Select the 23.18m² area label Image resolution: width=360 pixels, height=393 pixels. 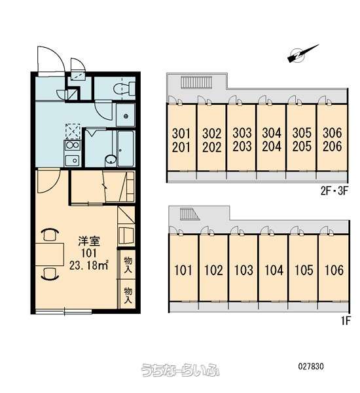click(x=88, y=265)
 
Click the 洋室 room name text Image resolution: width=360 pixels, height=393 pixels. click(x=89, y=241)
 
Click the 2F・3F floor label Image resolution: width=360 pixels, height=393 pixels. click(x=334, y=191)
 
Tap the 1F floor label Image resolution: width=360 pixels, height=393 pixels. click(x=345, y=321)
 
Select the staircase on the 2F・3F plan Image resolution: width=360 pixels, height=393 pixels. click(x=196, y=83)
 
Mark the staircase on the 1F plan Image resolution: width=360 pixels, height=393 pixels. click(x=189, y=214)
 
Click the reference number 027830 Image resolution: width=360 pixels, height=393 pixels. click(x=311, y=366)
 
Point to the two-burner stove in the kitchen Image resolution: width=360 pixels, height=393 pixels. click(x=72, y=145)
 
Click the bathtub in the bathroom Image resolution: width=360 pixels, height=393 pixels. click(x=126, y=148)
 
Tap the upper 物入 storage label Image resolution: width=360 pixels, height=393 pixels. click(x=128, y=265)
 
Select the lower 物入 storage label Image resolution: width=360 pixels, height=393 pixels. click(x=128, y=295)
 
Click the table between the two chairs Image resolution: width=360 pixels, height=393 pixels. click(x=50, y=254)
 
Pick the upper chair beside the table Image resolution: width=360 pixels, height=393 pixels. click(x=50, y=234)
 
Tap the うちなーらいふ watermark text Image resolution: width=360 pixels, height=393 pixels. click(x=181, y=369)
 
